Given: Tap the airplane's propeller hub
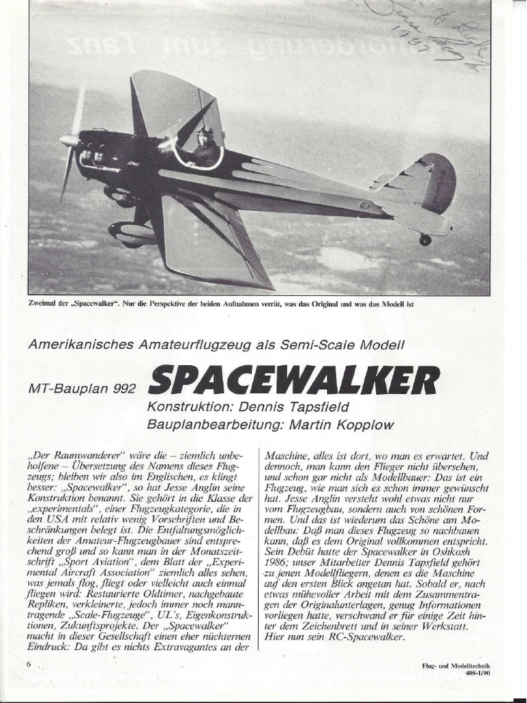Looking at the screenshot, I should (x=69, y=141).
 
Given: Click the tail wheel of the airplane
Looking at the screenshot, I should (x=425, y=240).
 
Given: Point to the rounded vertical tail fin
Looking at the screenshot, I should (x=437, y=183).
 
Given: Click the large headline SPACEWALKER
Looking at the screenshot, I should (x=294, y=380).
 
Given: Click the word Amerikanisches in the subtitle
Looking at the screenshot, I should (x=75, y=345).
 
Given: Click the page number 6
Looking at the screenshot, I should (x=30, y=664).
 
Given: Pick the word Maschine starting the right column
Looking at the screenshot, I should (x=287, y=455).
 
